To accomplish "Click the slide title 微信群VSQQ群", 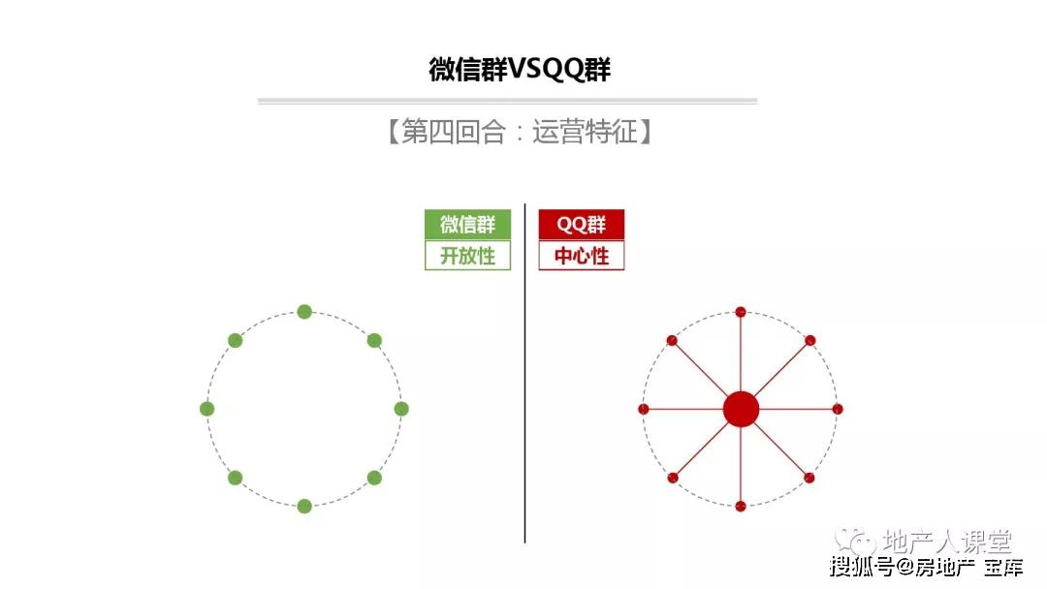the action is click(520, 70).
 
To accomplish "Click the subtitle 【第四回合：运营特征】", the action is click(519, 132).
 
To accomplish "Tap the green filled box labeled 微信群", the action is click(467, 224).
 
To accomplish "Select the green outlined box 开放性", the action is click(467, 256).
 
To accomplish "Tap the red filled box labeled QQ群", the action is click(582, 224).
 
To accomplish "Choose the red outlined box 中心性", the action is click(582, 256).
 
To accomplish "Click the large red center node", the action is click(741, 409).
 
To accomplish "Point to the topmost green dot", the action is click(304, 312).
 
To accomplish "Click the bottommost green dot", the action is click(304, 507).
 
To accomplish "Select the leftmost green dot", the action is click(207, 409).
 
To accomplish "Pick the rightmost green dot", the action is click(401, 409).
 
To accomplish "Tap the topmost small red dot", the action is click(741, 312).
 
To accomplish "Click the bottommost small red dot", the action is click(741, 507).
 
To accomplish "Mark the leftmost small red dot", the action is click(644, 409).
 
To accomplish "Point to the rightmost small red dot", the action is click(838, 409).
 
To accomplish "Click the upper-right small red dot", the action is click(809, 340).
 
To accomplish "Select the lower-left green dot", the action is click(235, 478).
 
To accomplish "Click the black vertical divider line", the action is click(524, 373).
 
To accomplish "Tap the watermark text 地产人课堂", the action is click(947, 541).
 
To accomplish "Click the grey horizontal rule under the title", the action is click(507, 102).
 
